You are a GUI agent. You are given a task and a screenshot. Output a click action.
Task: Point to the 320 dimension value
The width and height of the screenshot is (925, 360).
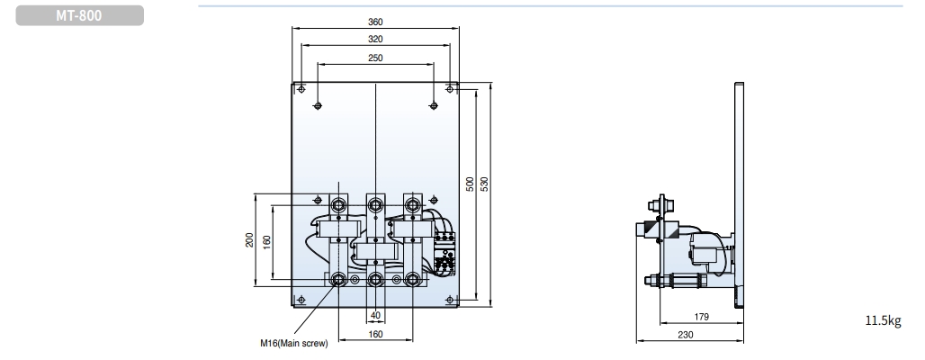coord(375,40)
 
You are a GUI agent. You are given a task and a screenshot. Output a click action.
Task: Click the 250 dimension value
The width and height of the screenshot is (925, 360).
coord(375,58)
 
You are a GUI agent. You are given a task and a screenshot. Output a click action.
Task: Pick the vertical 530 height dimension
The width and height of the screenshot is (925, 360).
coord(485,184)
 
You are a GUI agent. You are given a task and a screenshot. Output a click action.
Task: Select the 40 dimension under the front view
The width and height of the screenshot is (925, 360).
coord(375,315)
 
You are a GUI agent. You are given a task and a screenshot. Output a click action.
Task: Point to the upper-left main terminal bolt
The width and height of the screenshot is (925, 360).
coord(338,205)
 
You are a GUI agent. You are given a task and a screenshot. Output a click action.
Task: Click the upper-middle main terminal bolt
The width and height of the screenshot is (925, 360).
coord(375,205)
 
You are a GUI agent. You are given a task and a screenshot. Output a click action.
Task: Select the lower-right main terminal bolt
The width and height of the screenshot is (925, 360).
coord(412,279)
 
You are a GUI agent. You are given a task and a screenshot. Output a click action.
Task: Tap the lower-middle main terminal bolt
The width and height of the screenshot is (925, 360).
coord(375,279)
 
